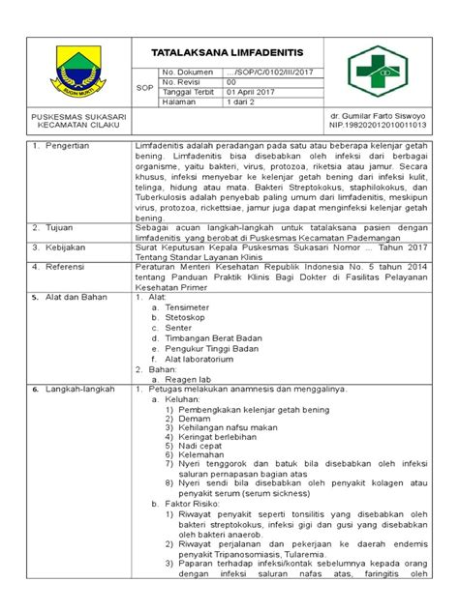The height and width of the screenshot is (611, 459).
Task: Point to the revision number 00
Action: click(x=230, y=82)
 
